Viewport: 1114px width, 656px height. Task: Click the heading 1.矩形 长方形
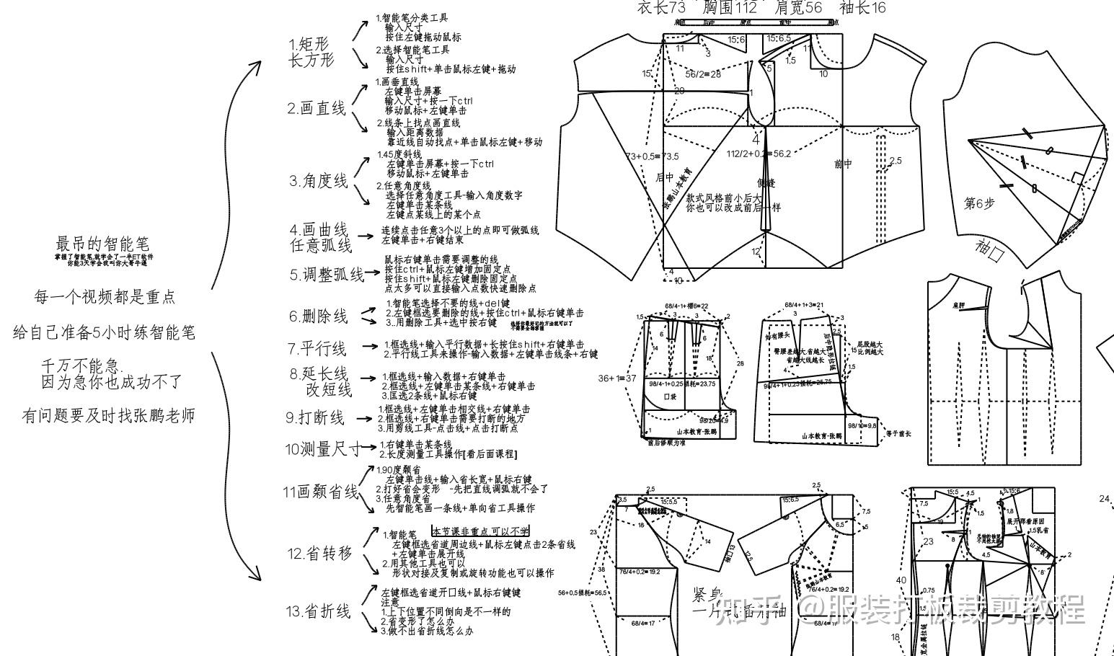[311, 53]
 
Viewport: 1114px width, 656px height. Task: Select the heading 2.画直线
[317, 109]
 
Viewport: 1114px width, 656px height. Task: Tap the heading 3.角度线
[319, 180]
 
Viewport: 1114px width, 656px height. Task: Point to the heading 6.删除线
[318, 316]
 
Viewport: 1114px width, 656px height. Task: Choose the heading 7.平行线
[317, 349]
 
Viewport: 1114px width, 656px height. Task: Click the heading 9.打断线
[315, 417]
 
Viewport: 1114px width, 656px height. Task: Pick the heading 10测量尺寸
[322, 450]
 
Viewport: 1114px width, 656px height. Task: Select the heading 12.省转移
[320, 554]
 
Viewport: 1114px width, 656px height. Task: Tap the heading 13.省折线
[318, 611]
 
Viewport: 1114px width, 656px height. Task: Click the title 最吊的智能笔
[102, 244]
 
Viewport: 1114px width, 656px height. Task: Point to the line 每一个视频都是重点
[105, 297]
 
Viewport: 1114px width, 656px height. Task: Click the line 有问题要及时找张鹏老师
[108, 416]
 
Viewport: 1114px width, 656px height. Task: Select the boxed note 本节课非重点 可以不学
[480, 531]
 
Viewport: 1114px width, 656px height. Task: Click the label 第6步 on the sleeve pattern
[979, 204]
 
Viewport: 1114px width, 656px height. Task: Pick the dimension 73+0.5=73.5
[651, 156]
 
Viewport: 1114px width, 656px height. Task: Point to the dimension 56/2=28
[703, 74]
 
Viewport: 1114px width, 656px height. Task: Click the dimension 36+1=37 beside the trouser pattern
[617, 378]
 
